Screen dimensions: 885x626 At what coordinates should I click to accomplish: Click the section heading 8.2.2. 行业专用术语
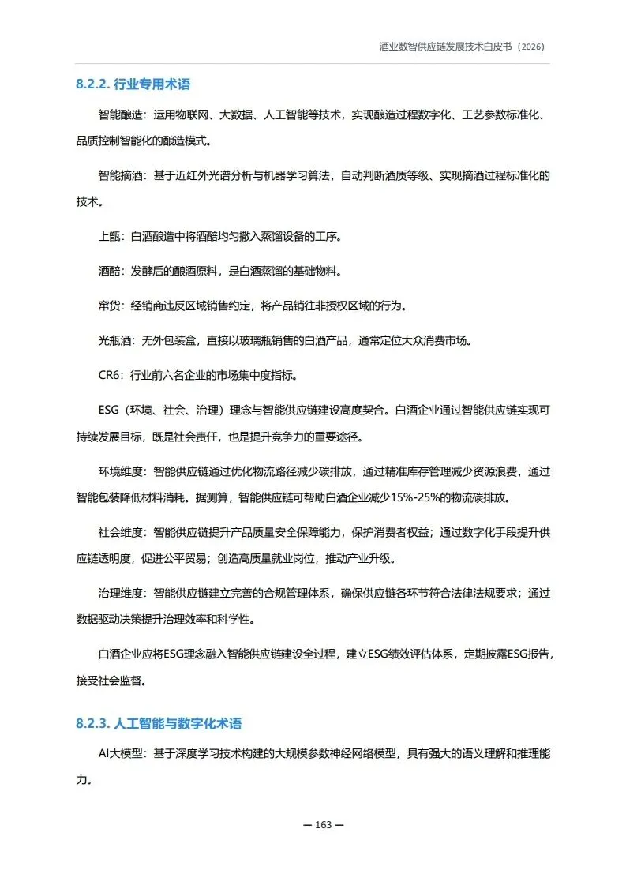133,84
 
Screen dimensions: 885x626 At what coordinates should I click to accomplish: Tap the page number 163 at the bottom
324,824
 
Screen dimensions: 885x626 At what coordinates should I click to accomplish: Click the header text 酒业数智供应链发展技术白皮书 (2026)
462,47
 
